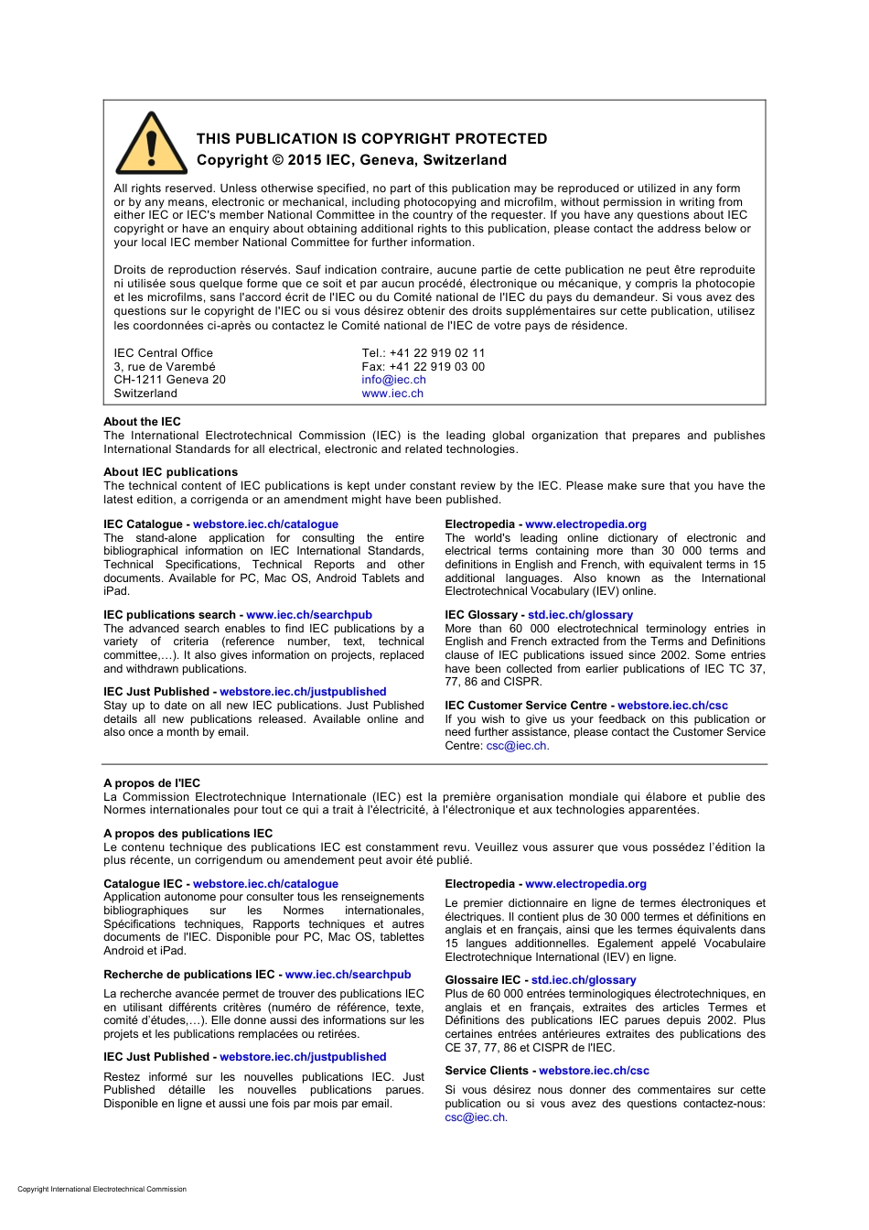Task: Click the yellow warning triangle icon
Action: (x=152, y=145)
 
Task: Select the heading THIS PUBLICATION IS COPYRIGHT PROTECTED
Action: (x=371, y=139)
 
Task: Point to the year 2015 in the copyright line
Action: (x=305, y=160)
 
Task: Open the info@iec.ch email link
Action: (x=393, y=380)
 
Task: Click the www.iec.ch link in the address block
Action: (x=392, y=394)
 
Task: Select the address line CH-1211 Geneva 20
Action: (x=169, y=380)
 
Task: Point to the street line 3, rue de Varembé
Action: (x=165, y=367)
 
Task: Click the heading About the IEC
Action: (x=142, y=422)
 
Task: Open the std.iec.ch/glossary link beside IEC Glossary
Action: (x=580, y=615)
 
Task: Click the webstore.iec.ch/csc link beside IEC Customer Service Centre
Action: (x=672, y=706)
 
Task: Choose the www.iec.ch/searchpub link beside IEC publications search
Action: (x=309, y=615)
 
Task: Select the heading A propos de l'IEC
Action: (x=152, y=783)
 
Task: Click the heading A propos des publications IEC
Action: (x=188, y=834)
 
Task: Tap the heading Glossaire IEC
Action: (x=482, y=980)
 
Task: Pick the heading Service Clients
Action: (x=487, y=1071)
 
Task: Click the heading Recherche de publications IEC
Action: (x=188, y=975)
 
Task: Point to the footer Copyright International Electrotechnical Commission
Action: (x=102, y=1190)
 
